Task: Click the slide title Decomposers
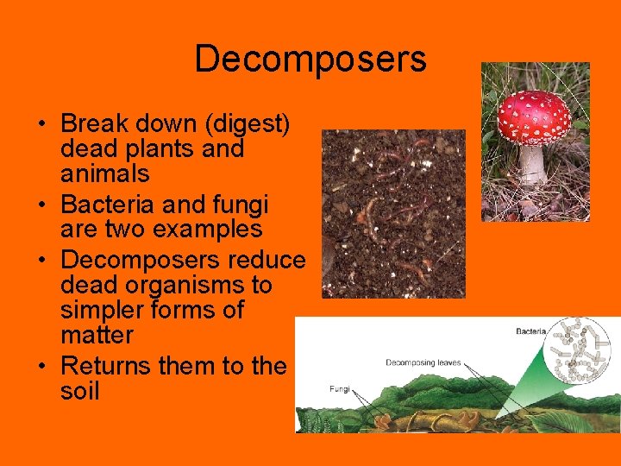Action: coord(310,59)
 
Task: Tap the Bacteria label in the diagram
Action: coord(535,331)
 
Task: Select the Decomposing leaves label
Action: coord(423,363)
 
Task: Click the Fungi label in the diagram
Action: coord(340,389)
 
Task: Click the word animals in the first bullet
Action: coord(104,174)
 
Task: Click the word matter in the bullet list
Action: coord(97,335)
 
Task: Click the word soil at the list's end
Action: coord(80,391)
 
